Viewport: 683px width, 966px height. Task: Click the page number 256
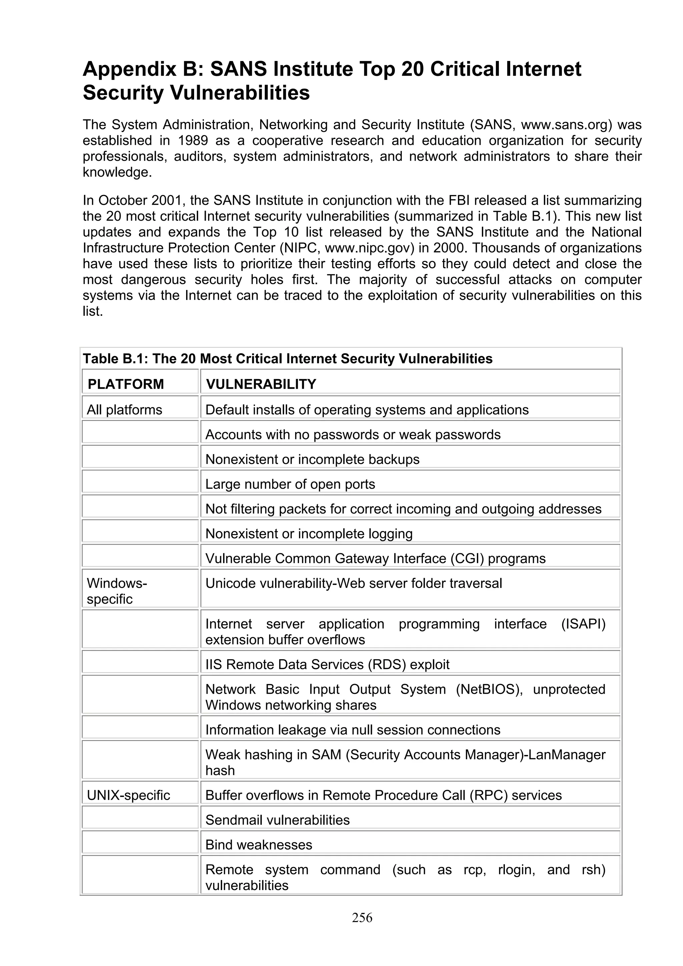coord(362,918)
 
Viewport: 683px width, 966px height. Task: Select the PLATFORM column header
coord(125,384)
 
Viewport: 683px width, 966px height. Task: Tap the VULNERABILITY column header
coord(260,384)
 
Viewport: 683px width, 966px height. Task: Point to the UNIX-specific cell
coord(128,795)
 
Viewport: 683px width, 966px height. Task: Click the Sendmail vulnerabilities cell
coord(277,820)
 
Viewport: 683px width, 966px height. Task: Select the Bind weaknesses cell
coord(258,845)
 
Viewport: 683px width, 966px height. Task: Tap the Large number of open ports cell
coord(290,484)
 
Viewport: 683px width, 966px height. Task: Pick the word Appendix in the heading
coord(129,69)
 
